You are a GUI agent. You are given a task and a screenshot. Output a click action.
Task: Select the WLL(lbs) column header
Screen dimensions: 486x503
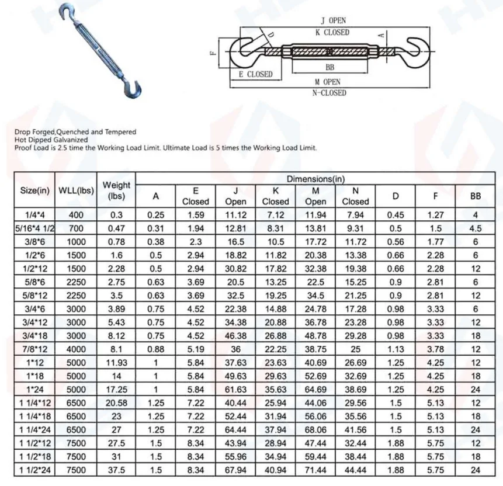[77, 190]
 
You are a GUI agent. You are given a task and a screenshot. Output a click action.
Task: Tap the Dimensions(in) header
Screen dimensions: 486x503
[315, 179]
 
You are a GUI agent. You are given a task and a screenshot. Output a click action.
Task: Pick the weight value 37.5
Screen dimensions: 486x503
[116, 470]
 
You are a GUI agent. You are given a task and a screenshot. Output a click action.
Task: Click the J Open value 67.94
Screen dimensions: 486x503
[236, 470]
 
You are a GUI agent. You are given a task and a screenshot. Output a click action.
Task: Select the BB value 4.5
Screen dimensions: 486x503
[476, 228]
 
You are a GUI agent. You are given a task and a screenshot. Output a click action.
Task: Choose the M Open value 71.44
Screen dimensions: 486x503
[315, 470]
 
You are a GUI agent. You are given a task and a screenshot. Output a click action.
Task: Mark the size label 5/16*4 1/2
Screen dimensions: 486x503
[34, 228]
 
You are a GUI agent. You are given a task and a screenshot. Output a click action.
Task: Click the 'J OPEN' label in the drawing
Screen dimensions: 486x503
[334, 21]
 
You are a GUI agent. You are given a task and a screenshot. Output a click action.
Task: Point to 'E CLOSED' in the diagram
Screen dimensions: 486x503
[255, 74]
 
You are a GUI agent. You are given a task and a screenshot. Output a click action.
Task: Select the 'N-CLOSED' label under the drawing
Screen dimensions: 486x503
[331, 93]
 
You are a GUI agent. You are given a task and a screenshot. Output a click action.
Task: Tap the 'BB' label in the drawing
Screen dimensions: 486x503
[330, 68]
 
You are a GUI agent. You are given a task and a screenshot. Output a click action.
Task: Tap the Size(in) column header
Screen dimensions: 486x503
[34, 190]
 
